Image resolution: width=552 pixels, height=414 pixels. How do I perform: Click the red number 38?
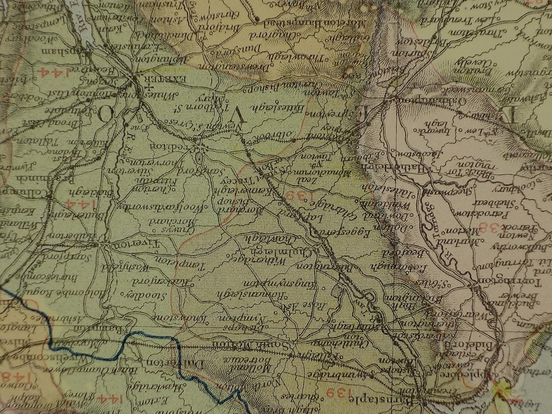point(496,228)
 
